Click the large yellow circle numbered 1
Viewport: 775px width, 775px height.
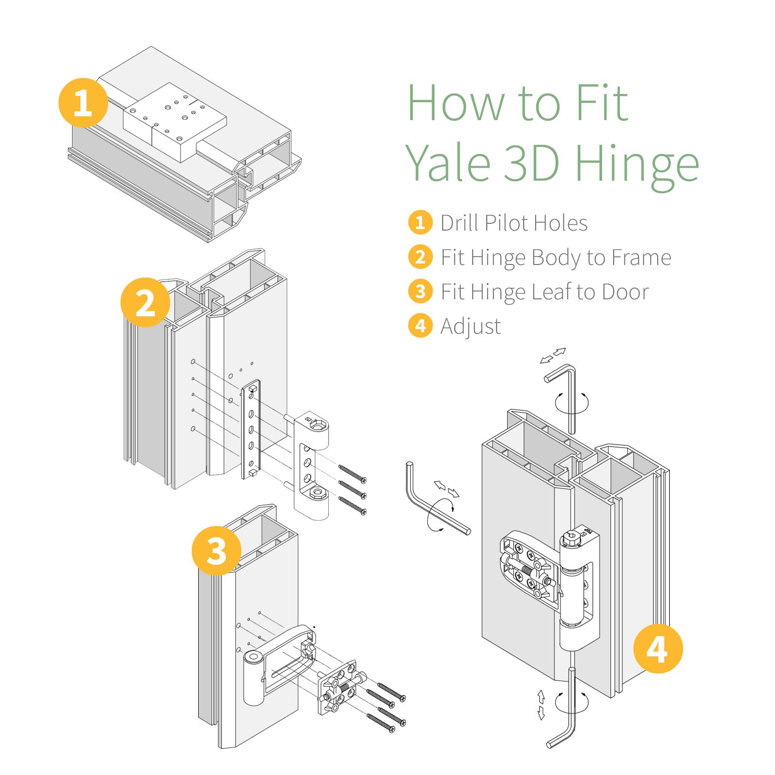click(83, 103)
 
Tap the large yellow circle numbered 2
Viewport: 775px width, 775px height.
click(145, 302)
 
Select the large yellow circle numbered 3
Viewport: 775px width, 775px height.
click(216, 550)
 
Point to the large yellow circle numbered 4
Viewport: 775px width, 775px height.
click(658, 649)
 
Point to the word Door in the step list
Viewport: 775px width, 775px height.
click(625, 292)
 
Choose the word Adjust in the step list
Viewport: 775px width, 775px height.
click(470, 326)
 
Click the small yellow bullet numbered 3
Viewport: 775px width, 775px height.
click(420, 292)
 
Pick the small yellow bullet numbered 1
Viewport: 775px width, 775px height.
click(420, 222)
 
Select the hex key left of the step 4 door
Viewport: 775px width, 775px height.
click(426, 504)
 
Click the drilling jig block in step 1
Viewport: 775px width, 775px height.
click(174, 121)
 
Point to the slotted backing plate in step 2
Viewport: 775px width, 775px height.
click(251, 429)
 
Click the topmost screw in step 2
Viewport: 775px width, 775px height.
click(352, 473)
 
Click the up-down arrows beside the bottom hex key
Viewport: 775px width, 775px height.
click(541, 705)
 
